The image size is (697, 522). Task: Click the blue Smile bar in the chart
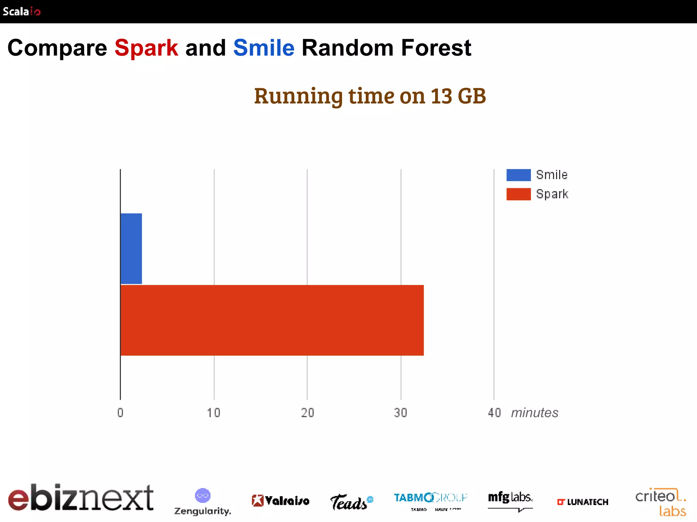[131, 249]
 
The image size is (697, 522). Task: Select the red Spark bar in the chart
[272, 320]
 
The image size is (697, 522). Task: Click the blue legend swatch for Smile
[518, 175]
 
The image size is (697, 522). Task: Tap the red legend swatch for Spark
[518, 194]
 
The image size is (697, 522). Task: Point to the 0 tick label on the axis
[120, 413]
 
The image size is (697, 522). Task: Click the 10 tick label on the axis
[214, 413]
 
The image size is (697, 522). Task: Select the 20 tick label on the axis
[307, 413]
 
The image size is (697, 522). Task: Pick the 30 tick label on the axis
[401, 413]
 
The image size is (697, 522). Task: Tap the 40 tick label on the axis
[494, 413]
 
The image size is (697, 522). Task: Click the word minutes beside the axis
[535, 413]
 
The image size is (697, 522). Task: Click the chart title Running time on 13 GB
[370, 96]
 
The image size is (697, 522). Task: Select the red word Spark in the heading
[146, 48]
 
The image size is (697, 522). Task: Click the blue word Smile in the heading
[264, 48]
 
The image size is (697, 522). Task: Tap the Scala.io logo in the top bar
[21, 12]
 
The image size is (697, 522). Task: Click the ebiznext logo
[81, 498]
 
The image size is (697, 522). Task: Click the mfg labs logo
[510, 500]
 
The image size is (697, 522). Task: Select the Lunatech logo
[582, 502]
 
